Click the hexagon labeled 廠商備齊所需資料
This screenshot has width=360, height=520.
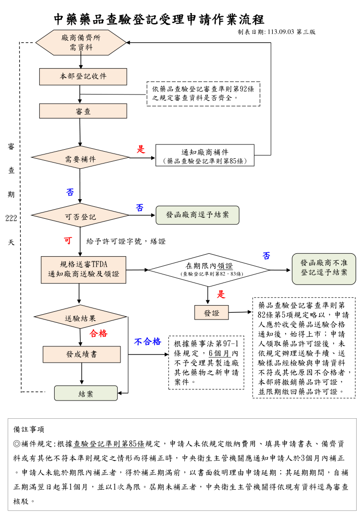tap(81, 42)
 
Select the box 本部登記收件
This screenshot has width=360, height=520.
tap(83, 76)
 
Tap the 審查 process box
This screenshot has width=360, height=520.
tap(83, 111)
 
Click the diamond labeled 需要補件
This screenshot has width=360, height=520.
tap(80, 158)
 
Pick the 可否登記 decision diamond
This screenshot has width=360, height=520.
tap(80, 216)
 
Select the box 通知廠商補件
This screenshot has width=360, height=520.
tap(205, 155)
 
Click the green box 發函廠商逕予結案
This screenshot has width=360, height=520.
tap(197, 215)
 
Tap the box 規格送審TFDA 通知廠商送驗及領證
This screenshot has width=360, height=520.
tap(84, 270)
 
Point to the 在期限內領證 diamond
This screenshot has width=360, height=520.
tap(209, 269)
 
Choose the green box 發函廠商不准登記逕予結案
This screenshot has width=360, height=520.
tap(324, 269)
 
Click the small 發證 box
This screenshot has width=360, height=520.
tap(211, 313)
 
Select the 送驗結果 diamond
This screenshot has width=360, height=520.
tap(80, 318)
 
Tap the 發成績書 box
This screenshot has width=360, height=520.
tap(82, 355)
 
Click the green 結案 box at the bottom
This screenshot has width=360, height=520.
tap(85, 393)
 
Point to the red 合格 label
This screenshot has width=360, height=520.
tap(98, 333)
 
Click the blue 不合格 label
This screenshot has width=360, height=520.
tap(147, 342)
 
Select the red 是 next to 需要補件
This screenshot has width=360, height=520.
tap(141, 149)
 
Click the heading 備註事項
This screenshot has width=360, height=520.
tap(29, 429)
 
